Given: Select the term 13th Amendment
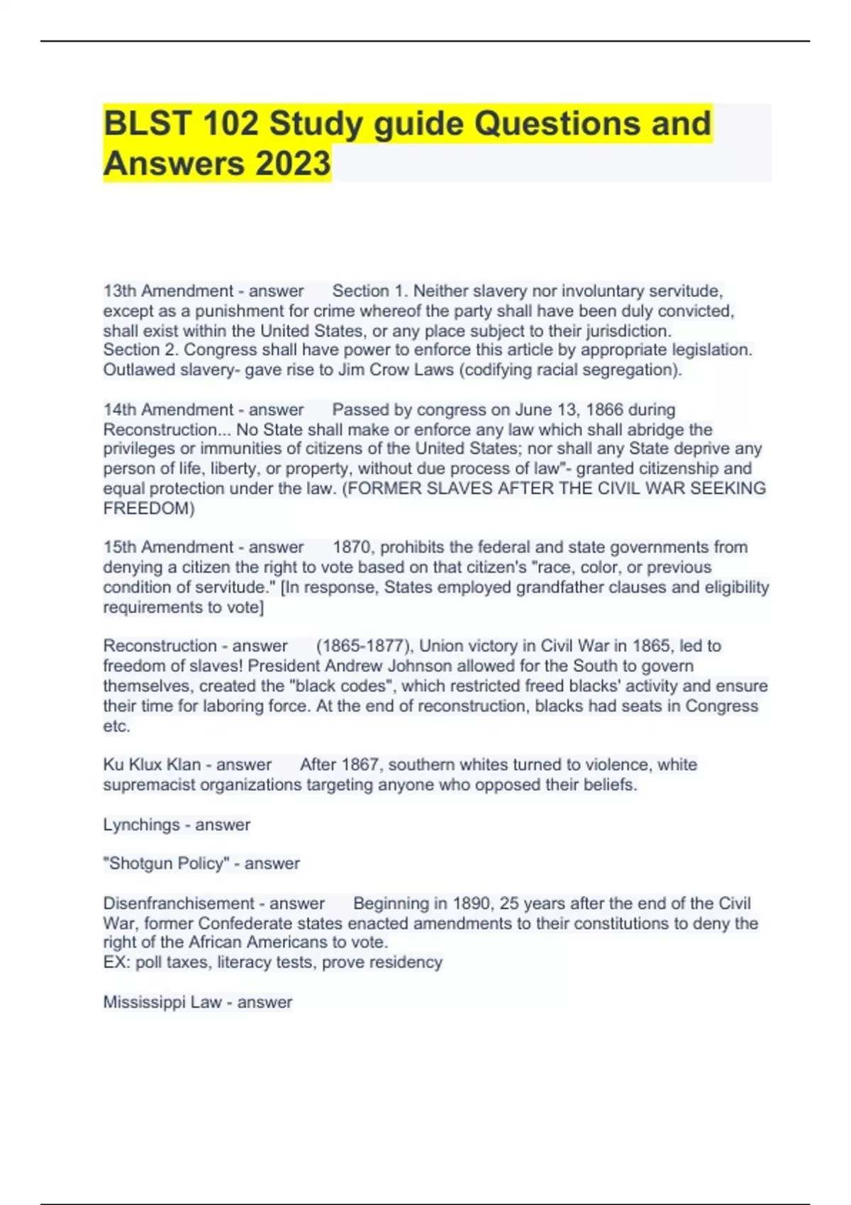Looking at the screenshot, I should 168,291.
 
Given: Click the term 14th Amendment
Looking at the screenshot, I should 168,410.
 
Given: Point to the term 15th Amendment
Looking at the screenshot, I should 168,547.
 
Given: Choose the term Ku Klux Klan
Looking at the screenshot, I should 152,765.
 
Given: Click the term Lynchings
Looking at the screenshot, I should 141,825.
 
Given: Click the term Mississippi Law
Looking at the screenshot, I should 162,1002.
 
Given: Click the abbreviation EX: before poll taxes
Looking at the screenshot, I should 117,963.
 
